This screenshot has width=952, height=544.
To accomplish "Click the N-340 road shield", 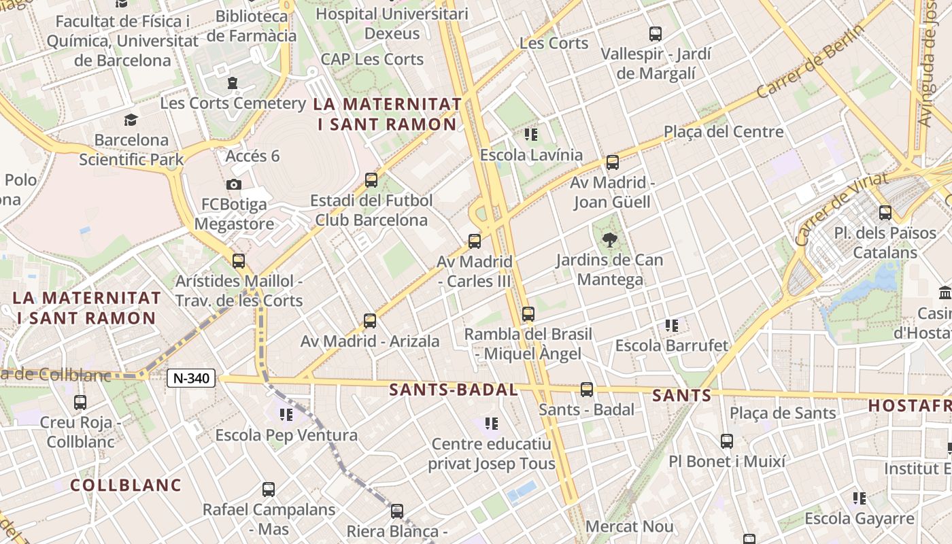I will point(192,378).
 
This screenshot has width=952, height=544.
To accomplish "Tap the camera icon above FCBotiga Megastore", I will point(233,184).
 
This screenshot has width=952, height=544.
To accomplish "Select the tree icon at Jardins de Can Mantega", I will point(609,239).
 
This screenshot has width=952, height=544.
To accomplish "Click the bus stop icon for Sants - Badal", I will point(586,390).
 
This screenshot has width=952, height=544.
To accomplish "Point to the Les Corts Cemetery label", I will point(233,103).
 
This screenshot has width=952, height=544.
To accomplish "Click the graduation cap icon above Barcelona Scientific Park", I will point(131,120).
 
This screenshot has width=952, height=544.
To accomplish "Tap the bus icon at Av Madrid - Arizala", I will point(370,320).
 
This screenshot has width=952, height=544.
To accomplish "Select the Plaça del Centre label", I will point(724,131).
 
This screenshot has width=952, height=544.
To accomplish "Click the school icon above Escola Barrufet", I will point(672,326).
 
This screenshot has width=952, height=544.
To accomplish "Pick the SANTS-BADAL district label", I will point(454,390).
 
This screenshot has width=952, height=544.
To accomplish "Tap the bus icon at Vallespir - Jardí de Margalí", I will point(656,33).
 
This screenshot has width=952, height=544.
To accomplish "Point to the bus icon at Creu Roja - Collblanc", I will point(80,402).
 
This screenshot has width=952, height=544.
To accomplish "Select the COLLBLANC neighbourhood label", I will point(126,485).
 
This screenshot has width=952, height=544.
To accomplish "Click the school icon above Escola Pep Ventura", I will point(286,414).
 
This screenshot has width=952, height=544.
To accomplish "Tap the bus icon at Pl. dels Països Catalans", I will point(885,213).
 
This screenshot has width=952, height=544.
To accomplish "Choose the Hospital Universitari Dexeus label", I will point(392,23).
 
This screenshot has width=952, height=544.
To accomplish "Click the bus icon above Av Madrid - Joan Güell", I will point(613,163).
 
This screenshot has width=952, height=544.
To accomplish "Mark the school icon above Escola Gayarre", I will point(860,498).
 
